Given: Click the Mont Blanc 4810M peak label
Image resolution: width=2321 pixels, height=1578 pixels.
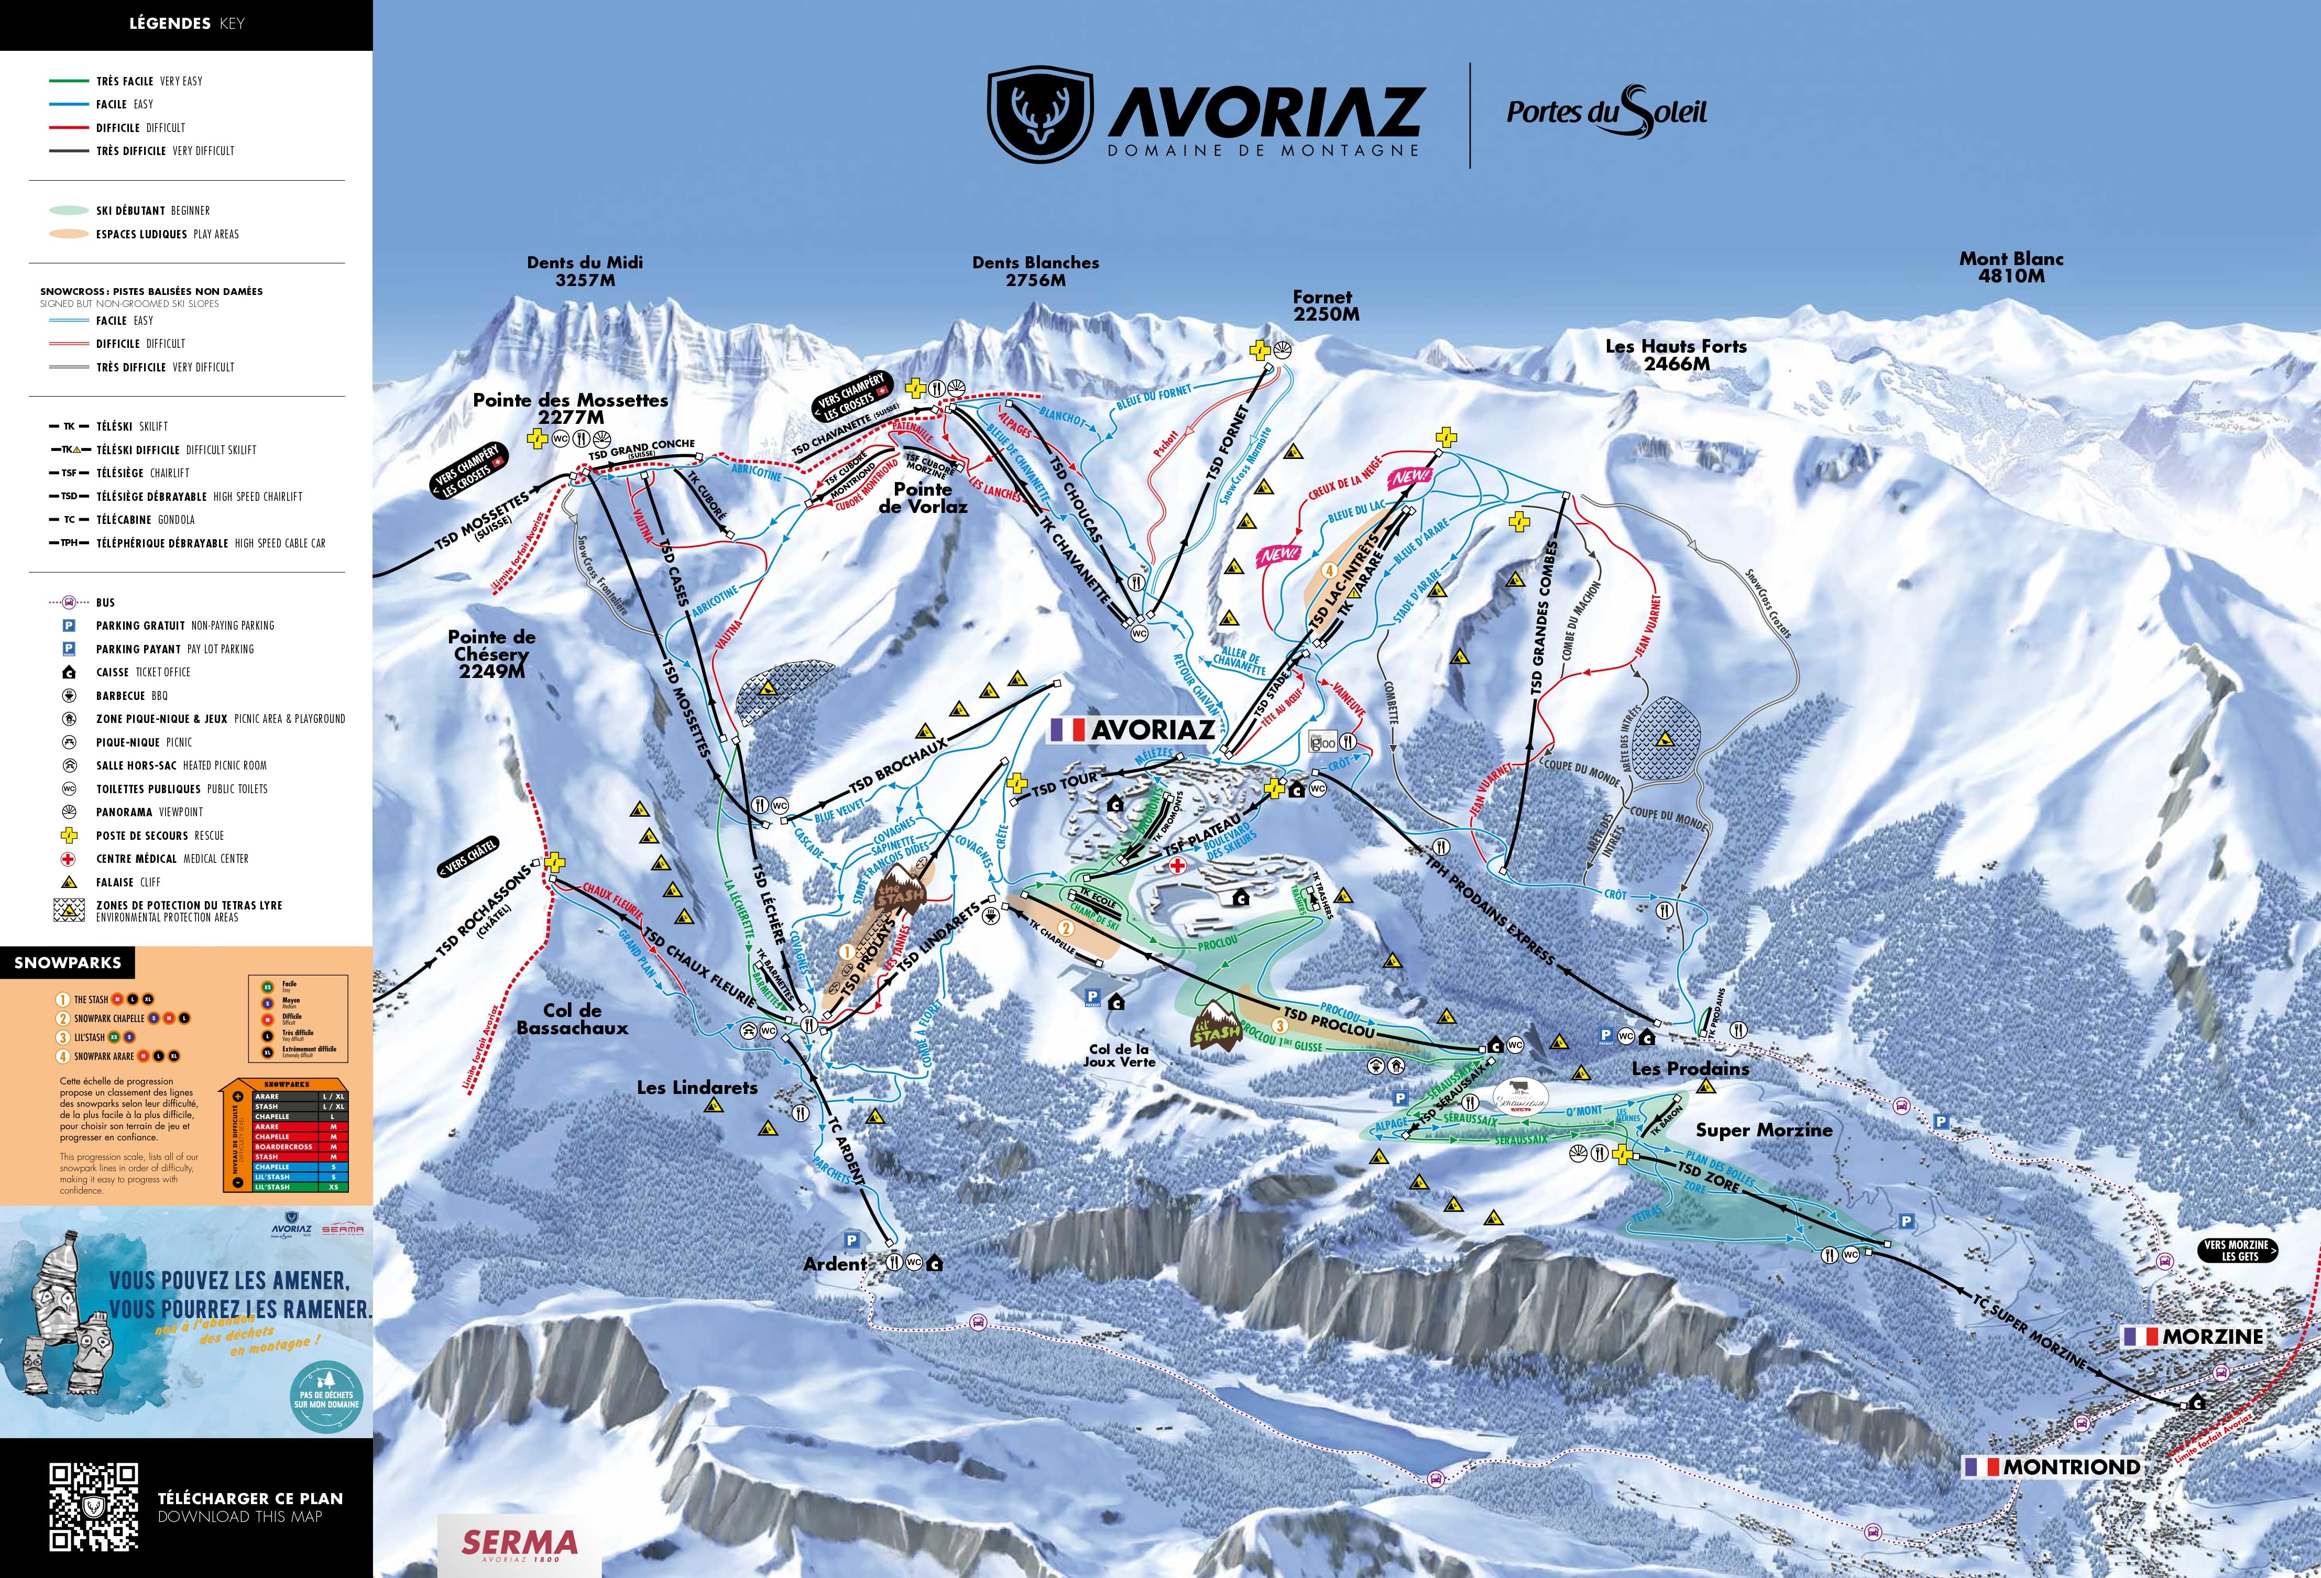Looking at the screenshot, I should tap(2010, 267).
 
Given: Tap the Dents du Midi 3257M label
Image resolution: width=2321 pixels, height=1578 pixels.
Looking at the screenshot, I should tap(585, 271).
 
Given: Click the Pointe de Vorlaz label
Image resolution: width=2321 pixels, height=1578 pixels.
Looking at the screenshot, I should tap(922, 497).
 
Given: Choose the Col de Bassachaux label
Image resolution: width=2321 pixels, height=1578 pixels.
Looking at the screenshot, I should tap(572, 1018).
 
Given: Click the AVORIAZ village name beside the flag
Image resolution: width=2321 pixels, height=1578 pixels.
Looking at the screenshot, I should tap(1153, 730).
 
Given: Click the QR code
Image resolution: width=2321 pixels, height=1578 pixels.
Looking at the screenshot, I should tap(94, 1506).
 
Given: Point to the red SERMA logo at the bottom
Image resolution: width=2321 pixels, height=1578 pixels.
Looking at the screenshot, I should tap(519, 1543).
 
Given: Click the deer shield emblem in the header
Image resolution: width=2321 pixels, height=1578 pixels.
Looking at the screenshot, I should tap(1038, 115).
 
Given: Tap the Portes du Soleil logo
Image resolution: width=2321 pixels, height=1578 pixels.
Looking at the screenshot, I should tap(1606, 112).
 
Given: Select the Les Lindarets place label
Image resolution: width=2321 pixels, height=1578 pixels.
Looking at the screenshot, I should tap(697, 1088).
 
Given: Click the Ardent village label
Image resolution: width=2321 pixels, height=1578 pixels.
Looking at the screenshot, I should tap(835, 1264).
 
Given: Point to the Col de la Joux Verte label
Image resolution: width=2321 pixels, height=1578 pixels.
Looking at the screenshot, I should tap(1119, 1056).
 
